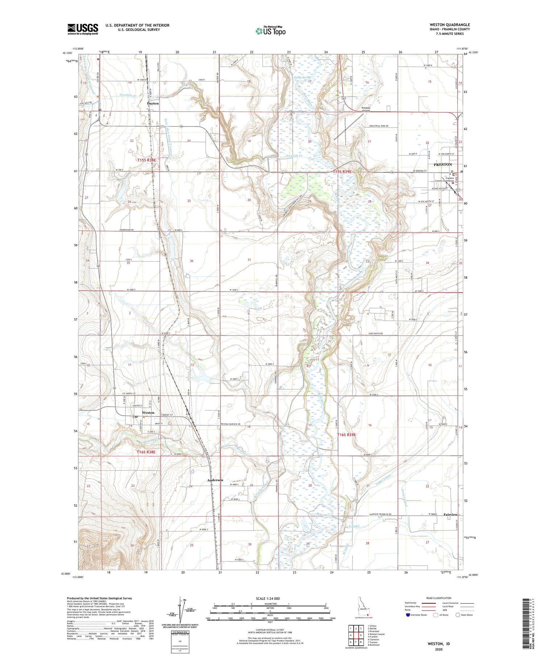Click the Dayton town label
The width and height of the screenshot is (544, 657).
click(153, 103)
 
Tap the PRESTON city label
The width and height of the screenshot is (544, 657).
click(443, 165)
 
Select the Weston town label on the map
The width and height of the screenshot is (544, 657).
click(148, 412)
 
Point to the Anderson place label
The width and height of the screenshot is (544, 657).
click(215, 480)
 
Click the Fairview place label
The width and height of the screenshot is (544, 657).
click(450, 514)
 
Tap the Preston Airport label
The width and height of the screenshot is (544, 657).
click(366, 109)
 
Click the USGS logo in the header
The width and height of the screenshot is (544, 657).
click(83, 29)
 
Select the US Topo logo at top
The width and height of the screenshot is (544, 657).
click(270, 31)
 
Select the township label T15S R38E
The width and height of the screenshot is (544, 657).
click(147, 160)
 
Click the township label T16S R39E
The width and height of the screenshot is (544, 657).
click(346, 434)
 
